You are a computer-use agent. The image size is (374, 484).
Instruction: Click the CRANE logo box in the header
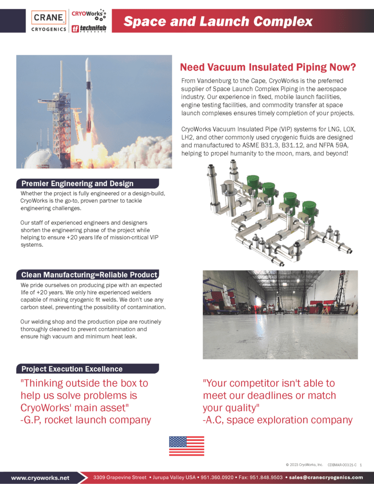pos(49,18)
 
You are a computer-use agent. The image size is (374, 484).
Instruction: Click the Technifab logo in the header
pos(88,28)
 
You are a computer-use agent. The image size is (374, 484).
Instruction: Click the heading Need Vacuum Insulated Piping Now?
pos(268,67)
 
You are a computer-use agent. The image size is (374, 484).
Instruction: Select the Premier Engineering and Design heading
pos(78,183)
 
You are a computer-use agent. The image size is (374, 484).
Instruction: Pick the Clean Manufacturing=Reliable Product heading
pos(89,275)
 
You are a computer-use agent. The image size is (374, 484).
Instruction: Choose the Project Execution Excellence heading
pos(72,369)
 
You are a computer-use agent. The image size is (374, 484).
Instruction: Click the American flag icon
pos(186,446)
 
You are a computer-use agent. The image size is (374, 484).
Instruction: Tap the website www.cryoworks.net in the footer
pos(40,477)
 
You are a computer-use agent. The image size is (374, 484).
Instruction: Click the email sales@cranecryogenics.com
pos(326,477)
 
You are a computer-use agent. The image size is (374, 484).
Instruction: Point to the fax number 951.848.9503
pos(267,477)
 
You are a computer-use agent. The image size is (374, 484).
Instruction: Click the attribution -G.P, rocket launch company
pos(86,420)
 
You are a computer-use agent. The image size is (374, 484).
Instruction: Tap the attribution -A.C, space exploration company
pos(278,420)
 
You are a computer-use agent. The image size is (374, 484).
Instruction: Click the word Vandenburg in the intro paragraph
pos(220,81)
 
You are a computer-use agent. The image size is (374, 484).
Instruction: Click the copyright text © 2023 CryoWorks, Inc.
pos(304,465)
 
